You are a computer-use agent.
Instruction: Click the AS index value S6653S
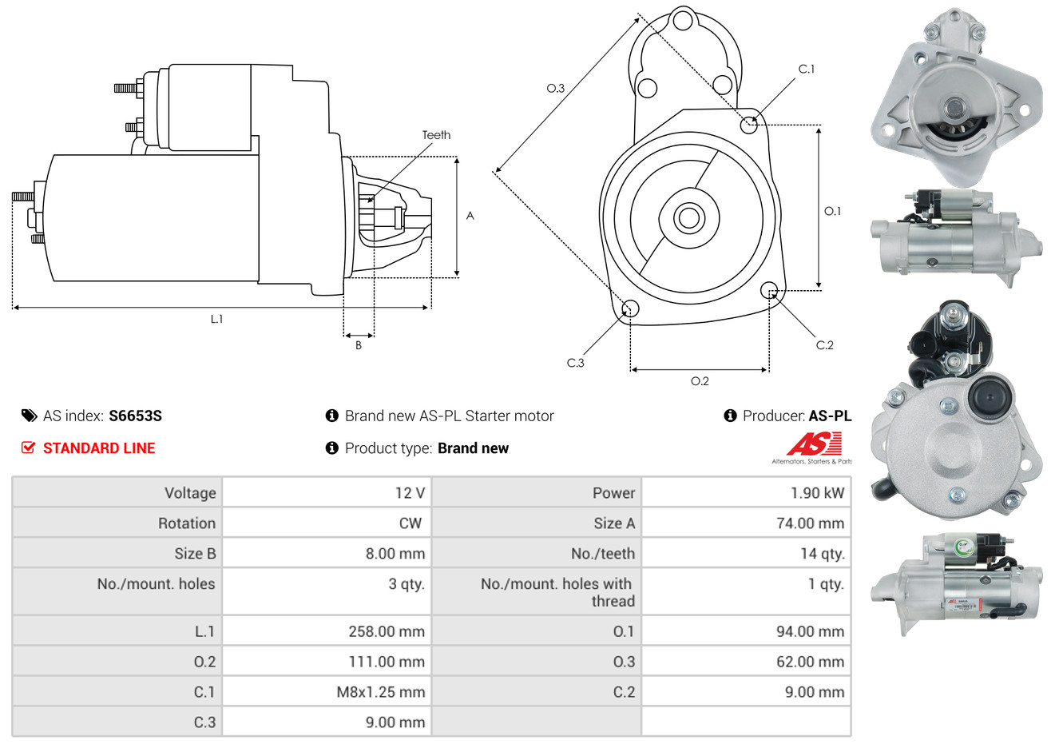pyautogui.click(x=135, y=416)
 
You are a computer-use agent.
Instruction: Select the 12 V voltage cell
pyautogui.click(x=410, y=493)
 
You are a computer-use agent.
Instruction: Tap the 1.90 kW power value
pyautogui.click(x=817, y=493)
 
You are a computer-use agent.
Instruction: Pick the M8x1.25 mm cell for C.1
pyautogui.click(x=380, y=692)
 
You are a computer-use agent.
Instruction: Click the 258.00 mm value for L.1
pyautogui.click(x=386, y=631)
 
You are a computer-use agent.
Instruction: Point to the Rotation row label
pyautogui.click(x=186, y=523)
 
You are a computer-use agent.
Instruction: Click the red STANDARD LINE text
pyautogui.click(x=99, y=448)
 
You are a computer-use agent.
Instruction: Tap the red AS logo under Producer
pyautogui.click(x=814, y=444)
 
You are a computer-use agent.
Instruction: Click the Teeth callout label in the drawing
pyautogui.click(x=436, y=135)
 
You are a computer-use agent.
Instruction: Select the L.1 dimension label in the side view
pyautogui.click(x=216, y=319)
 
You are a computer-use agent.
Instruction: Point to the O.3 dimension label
pyautogui.click(x=555, y=88)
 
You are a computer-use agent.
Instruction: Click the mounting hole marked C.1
pyautogui.click(x=749, y=125)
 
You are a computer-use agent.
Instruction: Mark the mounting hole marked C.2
pyautogui.click(x=769, y=289)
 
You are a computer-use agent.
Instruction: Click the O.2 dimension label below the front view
pyautogui.click(x=700, y=381)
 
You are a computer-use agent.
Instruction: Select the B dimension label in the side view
pyautogui.click(x=359, y=345)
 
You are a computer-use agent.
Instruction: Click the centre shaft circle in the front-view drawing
pyautogui.click(x=688, y=217)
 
